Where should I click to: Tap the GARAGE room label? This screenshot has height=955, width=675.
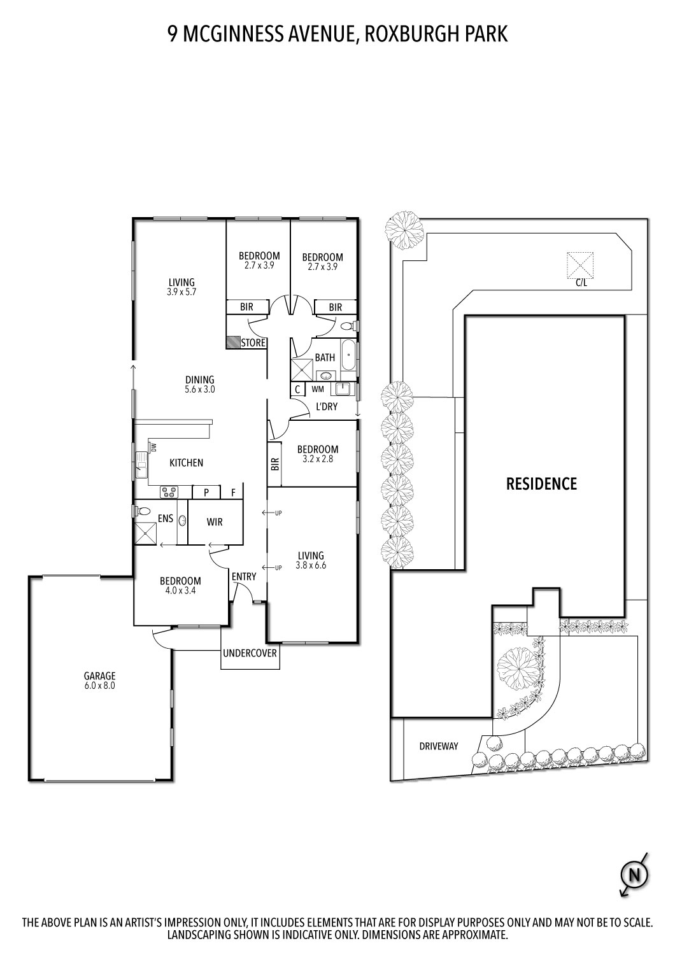tap(100, 676)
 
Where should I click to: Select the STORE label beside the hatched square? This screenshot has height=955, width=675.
tap(253, 343)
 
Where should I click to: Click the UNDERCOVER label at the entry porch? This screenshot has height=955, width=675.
tap(250, 653)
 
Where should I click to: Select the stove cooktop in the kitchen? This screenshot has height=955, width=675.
tap(169, 492)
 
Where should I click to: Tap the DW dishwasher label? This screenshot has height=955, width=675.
tap(153, 448)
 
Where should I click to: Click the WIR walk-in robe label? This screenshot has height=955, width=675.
tap(215, 522)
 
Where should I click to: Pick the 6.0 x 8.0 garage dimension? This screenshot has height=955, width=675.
tap(100, 686)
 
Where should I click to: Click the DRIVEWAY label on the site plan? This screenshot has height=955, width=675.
tap(438, 746)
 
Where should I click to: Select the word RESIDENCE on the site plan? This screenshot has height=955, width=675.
tap(541, 484)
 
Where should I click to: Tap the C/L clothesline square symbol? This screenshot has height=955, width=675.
tap(580, 264)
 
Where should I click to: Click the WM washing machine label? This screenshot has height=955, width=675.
tap(317, 389)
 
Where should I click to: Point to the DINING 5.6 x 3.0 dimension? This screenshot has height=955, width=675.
tap(200, 389)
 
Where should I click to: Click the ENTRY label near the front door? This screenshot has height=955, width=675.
tap(244, 577)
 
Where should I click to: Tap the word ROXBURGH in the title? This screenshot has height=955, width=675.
tap(412, 33)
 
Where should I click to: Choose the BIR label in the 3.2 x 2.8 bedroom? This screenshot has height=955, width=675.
tap(274, 463)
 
